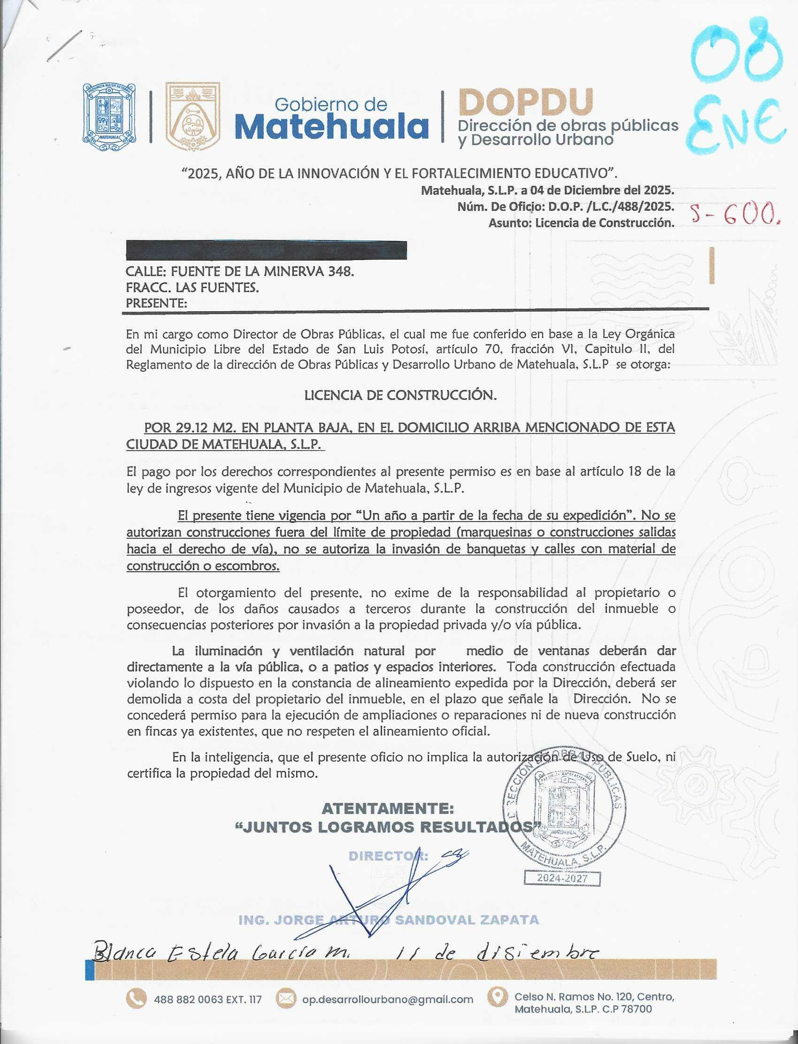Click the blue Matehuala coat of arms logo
coord(109,117)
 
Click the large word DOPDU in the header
coord(525,102)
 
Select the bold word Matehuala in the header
coord(331,127)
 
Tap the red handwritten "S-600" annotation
coord(734,215)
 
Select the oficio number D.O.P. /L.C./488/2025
coord(611,207)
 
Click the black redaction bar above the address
coord(266,250)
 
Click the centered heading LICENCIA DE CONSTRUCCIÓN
coord(400,395)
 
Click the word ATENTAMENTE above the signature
coord(388,808)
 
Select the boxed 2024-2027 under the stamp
coord(562,878)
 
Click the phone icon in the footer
coord(136,999)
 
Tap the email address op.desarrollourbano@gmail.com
coord(388,999)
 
